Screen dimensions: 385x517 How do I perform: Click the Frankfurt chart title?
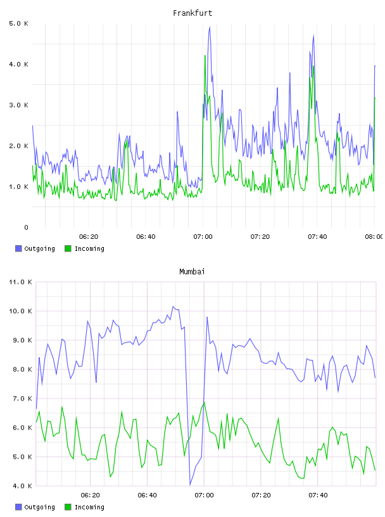[192, 13]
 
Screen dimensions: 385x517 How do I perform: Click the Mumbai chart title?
[192, 272]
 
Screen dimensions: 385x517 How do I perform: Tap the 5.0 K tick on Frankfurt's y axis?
[19, 23]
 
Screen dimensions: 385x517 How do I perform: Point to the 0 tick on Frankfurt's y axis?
[26, 227]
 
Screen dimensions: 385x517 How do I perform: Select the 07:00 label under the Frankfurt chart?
[203, 236]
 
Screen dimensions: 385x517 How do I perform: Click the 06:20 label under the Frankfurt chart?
[89, 236]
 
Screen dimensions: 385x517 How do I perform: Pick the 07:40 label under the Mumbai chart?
[318, 495]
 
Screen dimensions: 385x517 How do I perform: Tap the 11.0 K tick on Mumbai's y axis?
[20, 282]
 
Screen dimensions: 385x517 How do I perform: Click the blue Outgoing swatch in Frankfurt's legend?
[18, 248]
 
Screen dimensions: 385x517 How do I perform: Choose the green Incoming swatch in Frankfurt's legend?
[68, 248]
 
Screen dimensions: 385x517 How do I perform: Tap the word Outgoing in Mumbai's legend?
[39, 507]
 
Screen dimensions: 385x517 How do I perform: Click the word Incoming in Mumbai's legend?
[89, 507]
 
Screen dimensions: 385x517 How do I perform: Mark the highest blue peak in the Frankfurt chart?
[210, 27]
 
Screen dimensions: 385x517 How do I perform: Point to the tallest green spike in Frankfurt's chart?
[205, 56]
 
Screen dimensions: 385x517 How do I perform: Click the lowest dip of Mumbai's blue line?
[190, 485]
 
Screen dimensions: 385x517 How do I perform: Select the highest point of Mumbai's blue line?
[174, 307]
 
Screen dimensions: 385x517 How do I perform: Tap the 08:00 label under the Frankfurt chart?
[374, 236]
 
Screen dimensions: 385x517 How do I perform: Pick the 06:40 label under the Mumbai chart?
[147, 495]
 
